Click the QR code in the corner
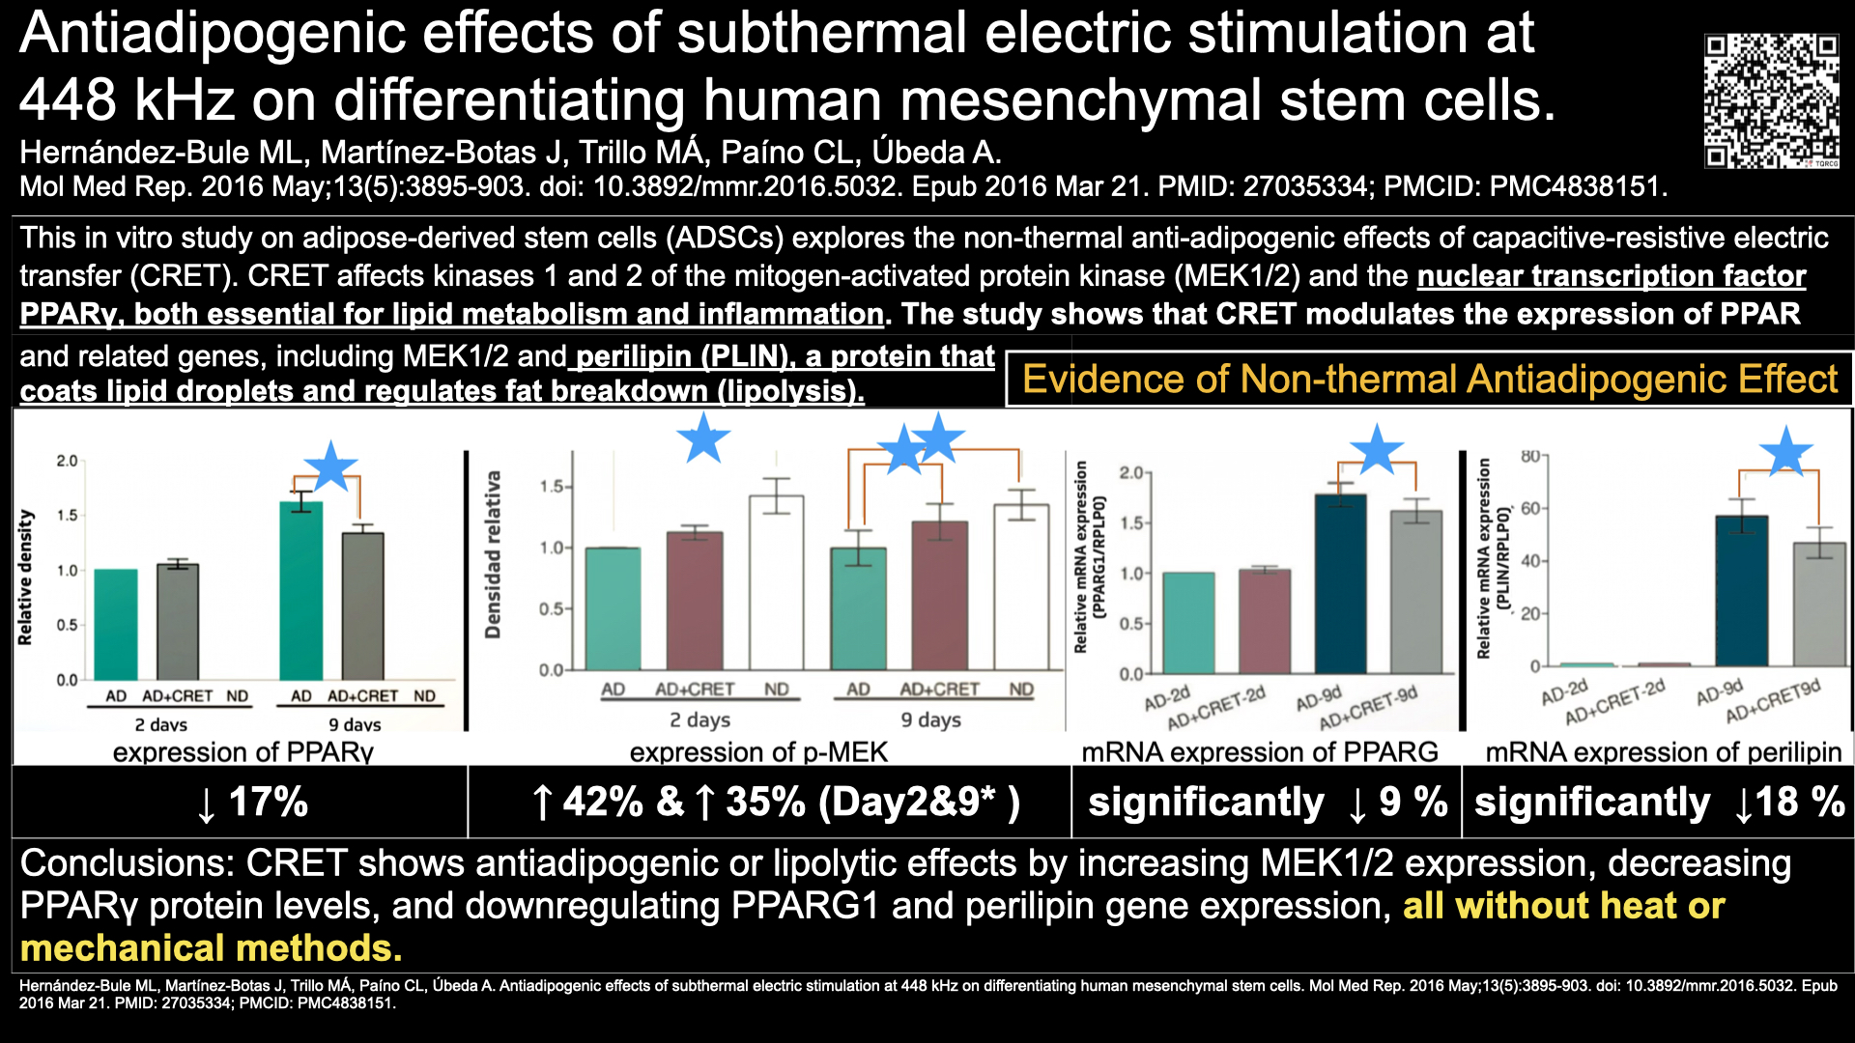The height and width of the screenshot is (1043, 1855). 1771,101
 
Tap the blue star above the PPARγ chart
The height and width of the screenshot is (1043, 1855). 331,465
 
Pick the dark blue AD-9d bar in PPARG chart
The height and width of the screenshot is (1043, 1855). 1341,583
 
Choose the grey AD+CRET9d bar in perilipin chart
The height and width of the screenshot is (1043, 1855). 1819,604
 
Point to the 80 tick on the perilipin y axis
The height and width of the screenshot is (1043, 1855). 1530,456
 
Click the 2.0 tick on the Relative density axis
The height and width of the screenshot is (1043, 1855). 67,461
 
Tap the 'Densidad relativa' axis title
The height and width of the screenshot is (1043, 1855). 493,554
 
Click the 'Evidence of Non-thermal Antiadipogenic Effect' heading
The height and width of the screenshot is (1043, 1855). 1430,380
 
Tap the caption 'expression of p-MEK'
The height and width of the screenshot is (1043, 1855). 758,752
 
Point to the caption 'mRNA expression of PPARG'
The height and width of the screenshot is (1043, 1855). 1260,752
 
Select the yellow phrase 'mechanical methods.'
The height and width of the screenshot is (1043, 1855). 211,948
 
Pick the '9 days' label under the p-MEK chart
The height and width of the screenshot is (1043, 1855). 930,719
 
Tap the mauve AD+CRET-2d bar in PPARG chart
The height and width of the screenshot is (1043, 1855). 1265,621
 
